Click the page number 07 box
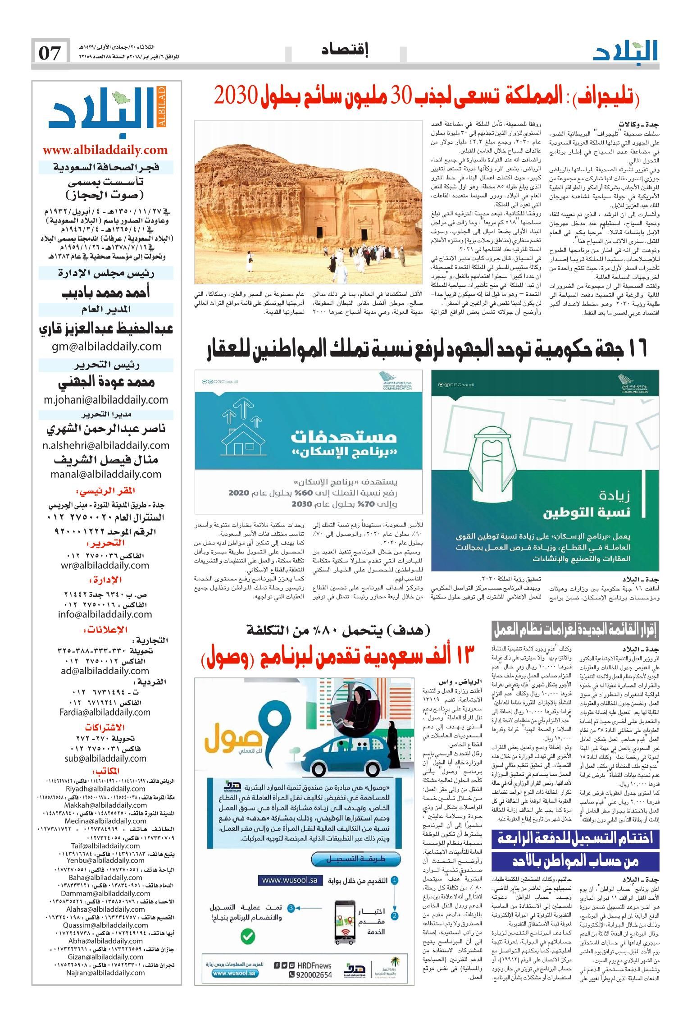pyautogui.click(x=50, y=54)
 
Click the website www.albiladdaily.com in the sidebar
pyautogui.click(x=105, y=150)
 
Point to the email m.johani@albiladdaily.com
pyautogui.click(x=106, y=399)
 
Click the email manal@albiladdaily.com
pyautogui.click(x=106, y=474)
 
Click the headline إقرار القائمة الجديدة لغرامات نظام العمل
pyautogui.click(x=576, y=630)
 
